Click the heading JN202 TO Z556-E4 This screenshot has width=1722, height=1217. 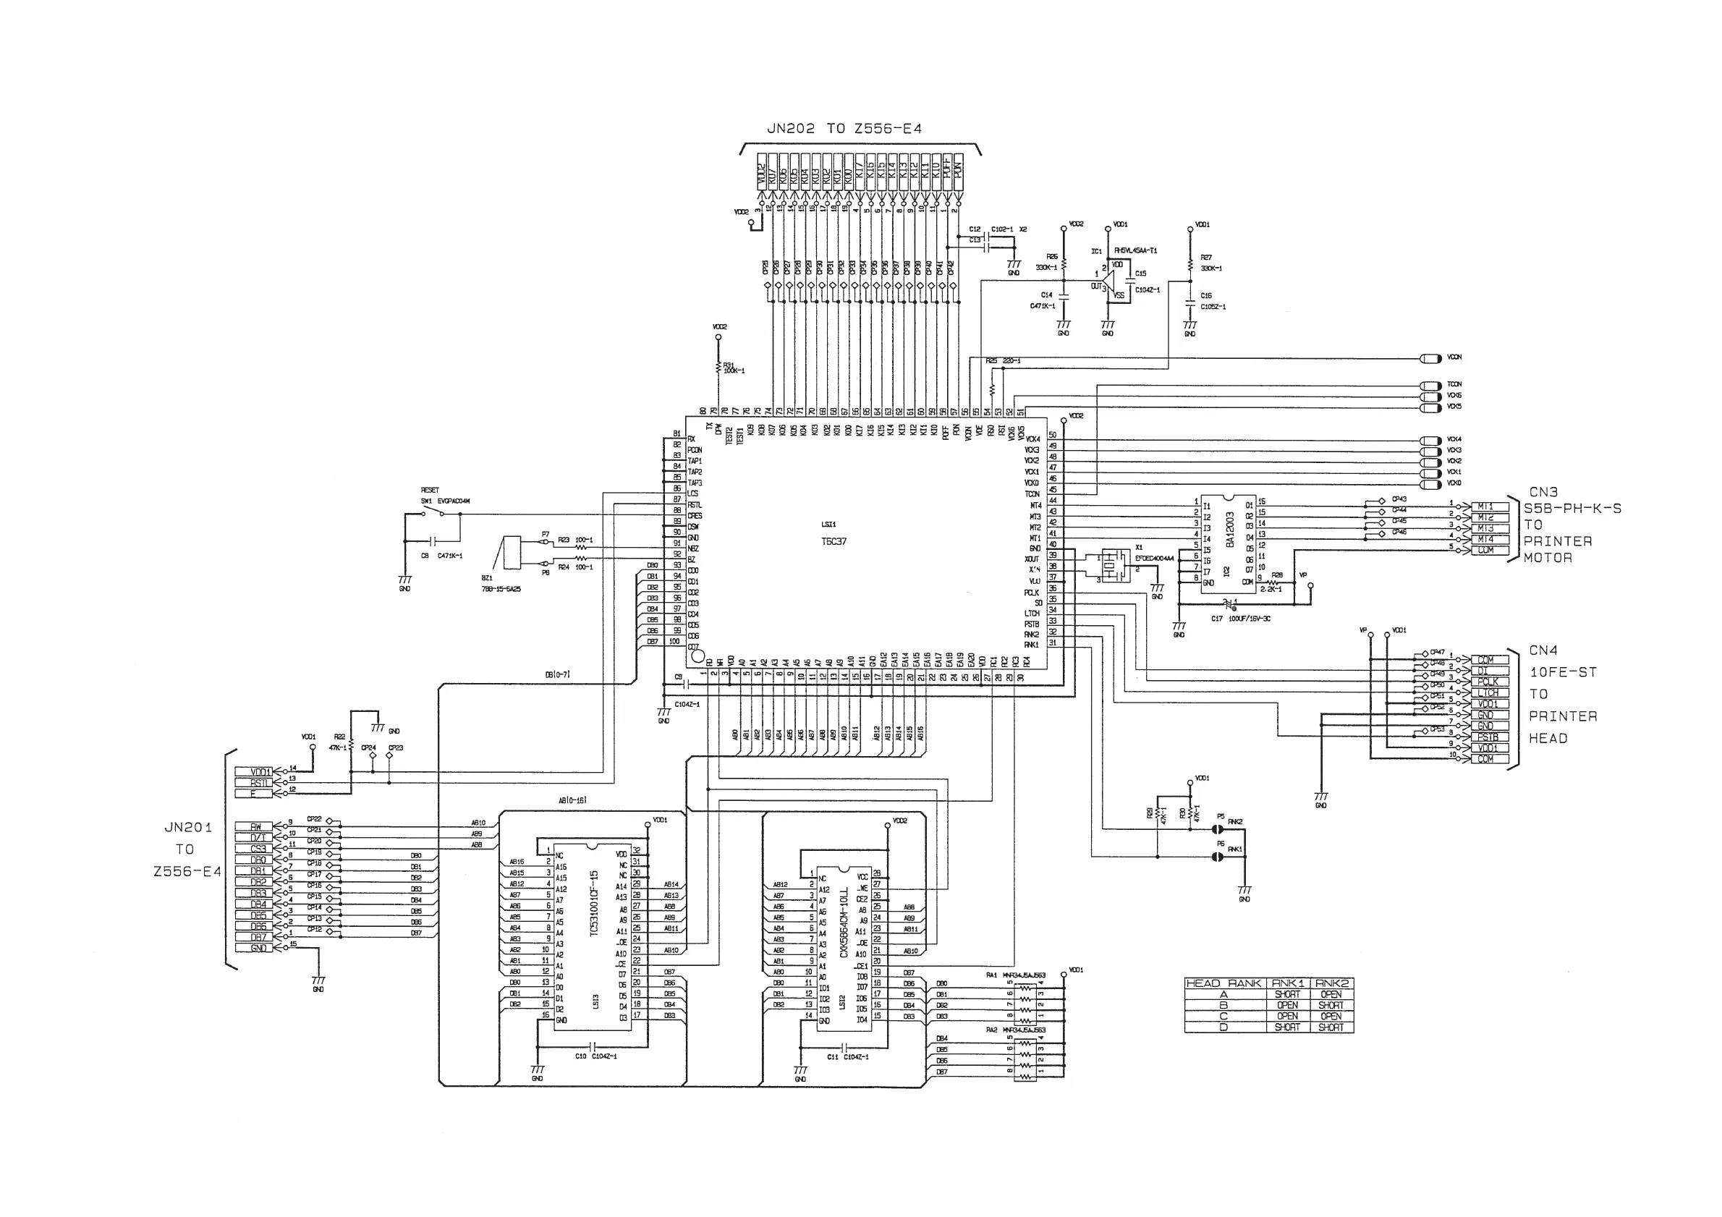pyautogui.click(x=844, y=129)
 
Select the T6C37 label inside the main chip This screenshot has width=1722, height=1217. pyautogui.click(x=834, y=541)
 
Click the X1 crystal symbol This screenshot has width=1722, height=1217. pyautogui.click(x=1115, y=565)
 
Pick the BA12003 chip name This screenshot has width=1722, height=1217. pyautogui.click(x=1230, y=530)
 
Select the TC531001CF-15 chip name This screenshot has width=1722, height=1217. pyautogui.click(x=594, y=912)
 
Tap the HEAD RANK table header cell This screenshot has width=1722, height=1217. pyautogui.click(x=1224, y=983)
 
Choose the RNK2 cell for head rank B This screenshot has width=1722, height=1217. pyautogui.click(x=1331, y=1006)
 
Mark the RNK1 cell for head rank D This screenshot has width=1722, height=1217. pyautogui.click(x=1288, y=1027)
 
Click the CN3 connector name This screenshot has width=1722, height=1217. pyautogui.click(x=1543, y=493)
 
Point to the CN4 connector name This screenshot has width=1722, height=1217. pyautogui.click(x=1543, y=651)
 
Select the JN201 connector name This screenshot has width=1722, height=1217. pyautogui.click(x=188, y=828)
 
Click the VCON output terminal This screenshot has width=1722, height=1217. pyautogui.click(x=1431, y=358)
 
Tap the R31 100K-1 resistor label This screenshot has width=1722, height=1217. pyautogui.click(x=734, y=368)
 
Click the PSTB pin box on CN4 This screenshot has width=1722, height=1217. pyautogui.click(x=1488, y=737)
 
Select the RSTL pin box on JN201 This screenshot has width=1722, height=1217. pyautogui.click(x=253, y=783)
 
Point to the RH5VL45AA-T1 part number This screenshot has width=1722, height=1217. pyautogui.click(x=1135, y=250)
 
